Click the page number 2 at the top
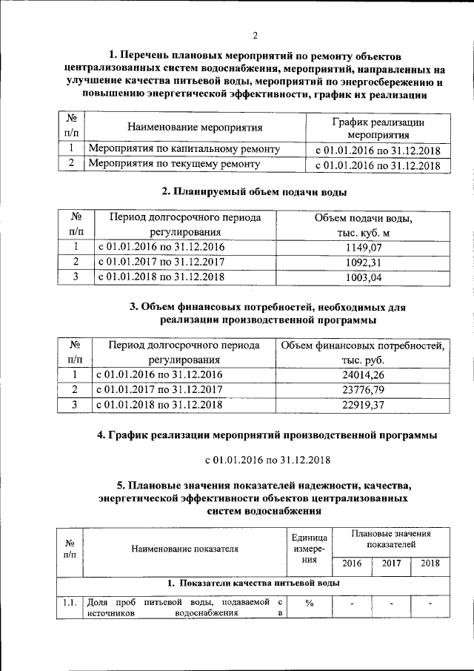click(255, 36)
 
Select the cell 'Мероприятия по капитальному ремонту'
click(184, 150)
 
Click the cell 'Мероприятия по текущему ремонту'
click(174, 164)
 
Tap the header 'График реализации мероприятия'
click(378, 128)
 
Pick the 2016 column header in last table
click(352, 563)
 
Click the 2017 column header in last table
click(391, 563)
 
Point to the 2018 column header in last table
click(430, 563)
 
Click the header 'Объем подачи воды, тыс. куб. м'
click(363, 225)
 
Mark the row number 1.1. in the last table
click(70, 602)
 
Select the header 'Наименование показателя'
click(185, 549)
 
